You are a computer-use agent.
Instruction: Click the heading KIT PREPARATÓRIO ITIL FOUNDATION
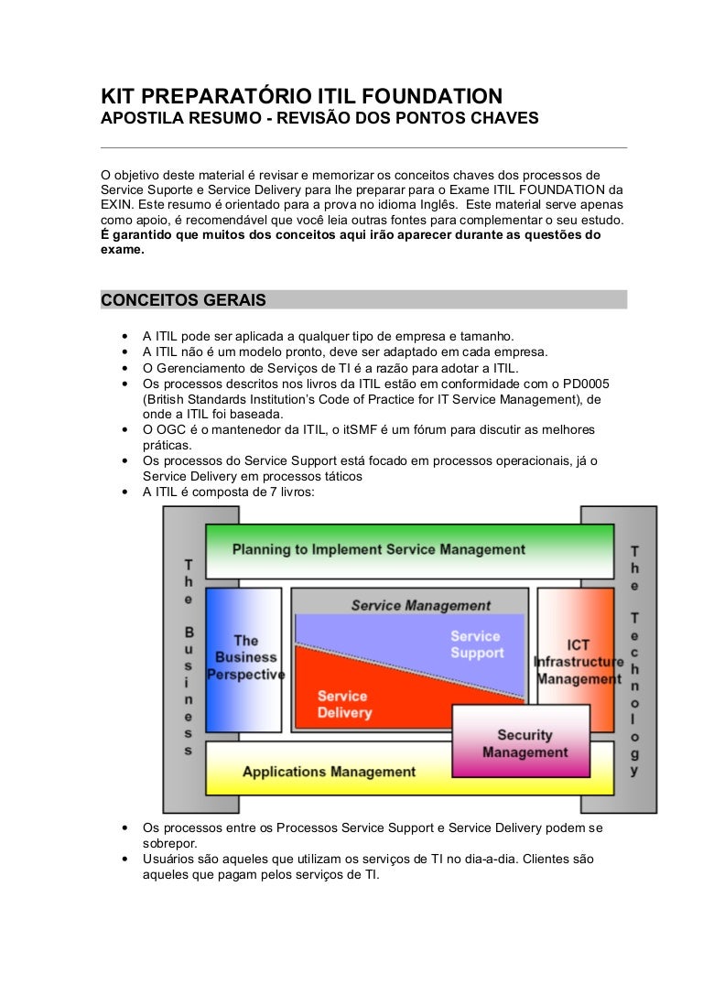[301, 96]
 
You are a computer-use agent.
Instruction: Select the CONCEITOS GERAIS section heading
[183, 300]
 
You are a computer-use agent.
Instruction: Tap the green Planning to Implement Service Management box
[379, 550]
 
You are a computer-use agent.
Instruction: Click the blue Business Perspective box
[244, 657]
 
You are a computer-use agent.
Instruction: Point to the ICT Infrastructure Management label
[578, 662]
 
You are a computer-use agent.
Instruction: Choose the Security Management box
[525, 743]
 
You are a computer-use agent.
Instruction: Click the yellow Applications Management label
[329, 772]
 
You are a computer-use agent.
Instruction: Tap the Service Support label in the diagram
[476, 644]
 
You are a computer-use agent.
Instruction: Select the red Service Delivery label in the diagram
[345, 704]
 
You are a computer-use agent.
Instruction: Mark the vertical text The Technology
[634, 659]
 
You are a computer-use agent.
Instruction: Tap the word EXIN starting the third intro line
[116, 206]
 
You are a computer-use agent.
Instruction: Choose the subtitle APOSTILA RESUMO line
[319, 120]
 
